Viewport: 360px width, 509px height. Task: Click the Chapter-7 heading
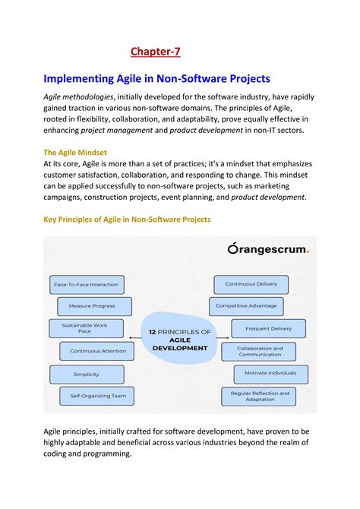(155, 51)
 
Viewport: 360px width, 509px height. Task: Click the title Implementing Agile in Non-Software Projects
(157, 78)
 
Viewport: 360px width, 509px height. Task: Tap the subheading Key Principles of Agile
(127, 219)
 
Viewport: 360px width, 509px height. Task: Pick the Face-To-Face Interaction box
(86, 285)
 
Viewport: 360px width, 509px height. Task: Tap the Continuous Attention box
(91, 351)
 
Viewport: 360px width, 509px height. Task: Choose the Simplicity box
(86, 374)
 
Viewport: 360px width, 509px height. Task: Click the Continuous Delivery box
(251, 284)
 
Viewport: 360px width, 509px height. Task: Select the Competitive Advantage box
(246, 306)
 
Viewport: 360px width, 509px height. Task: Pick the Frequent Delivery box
(268, 328)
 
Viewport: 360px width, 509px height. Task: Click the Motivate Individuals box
(270, 374)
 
